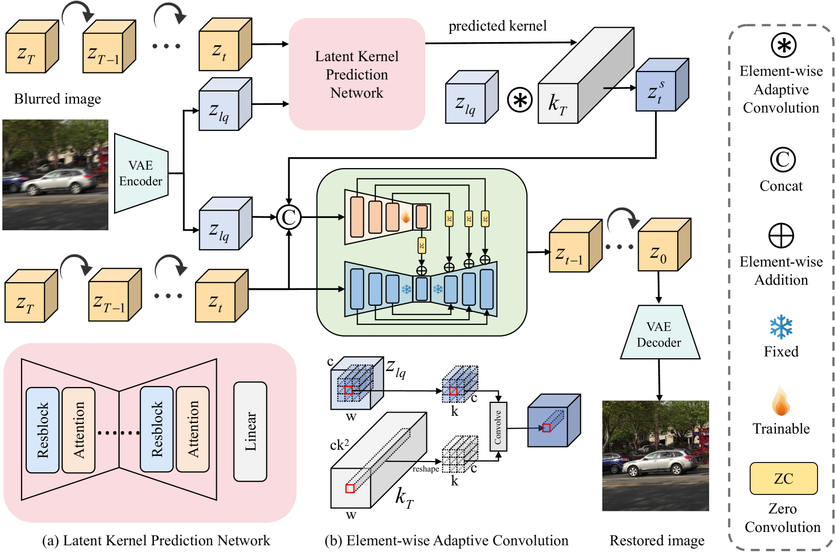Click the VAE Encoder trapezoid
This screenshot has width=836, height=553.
(x=141, y=173)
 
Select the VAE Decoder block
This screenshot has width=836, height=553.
(x=659, y=334)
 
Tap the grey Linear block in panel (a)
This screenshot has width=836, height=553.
(x=250, y=432)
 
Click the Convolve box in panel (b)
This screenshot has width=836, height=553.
(x=498, y=427)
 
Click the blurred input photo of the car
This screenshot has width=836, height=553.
(x=55, y=175)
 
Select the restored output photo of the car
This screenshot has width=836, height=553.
(x=655, y=456)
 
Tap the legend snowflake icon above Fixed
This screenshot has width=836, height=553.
(x=781, y=327)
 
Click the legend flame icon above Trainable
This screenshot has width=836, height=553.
(x=781, y=402)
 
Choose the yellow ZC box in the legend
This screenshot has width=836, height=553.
(x=783, y=478)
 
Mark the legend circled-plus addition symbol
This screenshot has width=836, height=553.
(x=781, y=236)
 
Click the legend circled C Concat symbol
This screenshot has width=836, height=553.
(x=783, y=160)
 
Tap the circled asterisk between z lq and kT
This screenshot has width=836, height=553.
(x=520, y=100)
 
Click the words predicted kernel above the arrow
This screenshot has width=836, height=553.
(x=497, y=26)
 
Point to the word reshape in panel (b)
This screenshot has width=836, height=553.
(x=426, y=469)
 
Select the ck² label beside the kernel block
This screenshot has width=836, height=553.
(x=339, y=445)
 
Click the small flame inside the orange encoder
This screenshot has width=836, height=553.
(x=406, y=217)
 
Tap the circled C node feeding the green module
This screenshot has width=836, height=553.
(x=289, y=217)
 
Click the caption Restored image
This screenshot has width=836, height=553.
(x=657, y=541)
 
